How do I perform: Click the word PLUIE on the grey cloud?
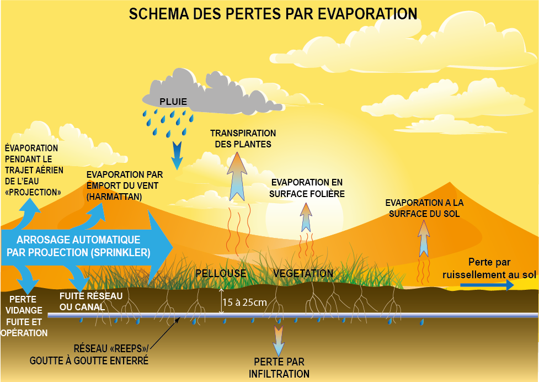pyautogui.click(x=173, y=102)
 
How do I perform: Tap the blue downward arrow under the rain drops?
pyautogui.click(x=177, y=156)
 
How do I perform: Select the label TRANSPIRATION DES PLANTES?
pyautogui.click(x=243, y=139)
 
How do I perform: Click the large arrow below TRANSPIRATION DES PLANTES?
pyautogui.click(x=237, y=177)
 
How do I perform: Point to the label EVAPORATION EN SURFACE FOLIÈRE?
pyautogui.click(x=307, y=188)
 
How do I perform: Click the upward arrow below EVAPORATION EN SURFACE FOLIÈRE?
pyautogui.click(x=306, y=217)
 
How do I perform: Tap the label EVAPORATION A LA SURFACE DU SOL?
pyautogui.click(x=424, y=208)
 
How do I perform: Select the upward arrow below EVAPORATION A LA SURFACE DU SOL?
pyautogui.click(x=424, y=238)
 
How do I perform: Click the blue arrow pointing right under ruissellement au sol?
pyautogui.click(x=487, y=285)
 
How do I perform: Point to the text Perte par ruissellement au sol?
pyautogui.click(x=489, y=268)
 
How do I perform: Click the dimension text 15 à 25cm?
pyautogui.click(x=245, y=303)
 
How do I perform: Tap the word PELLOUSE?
pyautogui.click(x=221, y=274)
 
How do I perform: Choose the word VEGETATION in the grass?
pyautogui.click(x=303, y=274)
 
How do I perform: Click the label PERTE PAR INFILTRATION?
pyautogui.click(x=279, y=368)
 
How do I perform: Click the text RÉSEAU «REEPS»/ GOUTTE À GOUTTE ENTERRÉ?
pyautogui.click(x=89, y=354)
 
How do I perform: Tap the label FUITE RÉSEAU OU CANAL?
pyautogui.click(x=91, y=301)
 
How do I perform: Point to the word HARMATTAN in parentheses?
pyautogui.click(x=114, y=197)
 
